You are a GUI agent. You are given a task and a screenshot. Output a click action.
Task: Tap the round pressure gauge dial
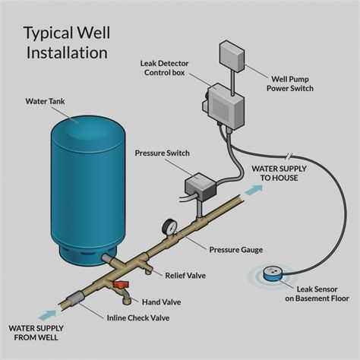pyautogui.click(x=168, y=226)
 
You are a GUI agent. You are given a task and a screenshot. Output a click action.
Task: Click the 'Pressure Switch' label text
pyautogui.click(x=161, y=153)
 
